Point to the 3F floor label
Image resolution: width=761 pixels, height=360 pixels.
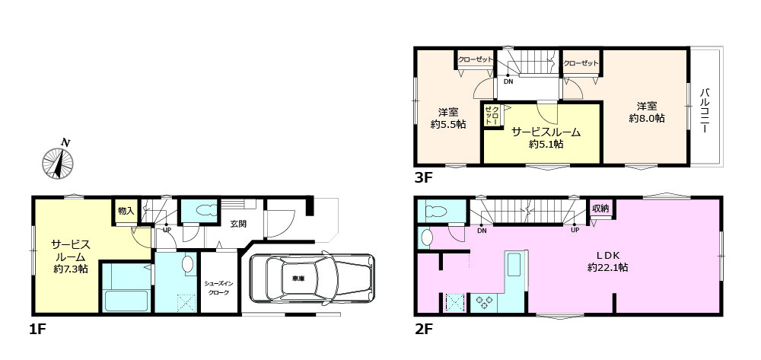[424, 181]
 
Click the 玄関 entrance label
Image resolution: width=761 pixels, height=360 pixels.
[237, 224]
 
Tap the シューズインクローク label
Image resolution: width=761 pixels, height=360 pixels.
[218, 288]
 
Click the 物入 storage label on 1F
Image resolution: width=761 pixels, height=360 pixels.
[125, 211]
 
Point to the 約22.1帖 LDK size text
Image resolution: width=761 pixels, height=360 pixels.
[607, 267]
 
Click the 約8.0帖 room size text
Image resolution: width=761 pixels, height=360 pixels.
[648, 119]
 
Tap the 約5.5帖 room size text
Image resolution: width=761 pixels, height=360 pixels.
[447, 125]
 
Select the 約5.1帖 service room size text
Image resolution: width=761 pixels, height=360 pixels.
[545, 144]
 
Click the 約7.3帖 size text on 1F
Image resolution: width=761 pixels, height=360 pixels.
[70, 269]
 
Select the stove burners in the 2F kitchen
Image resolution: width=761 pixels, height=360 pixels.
[483, 302]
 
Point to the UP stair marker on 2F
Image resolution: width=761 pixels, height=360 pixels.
[575, 231]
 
